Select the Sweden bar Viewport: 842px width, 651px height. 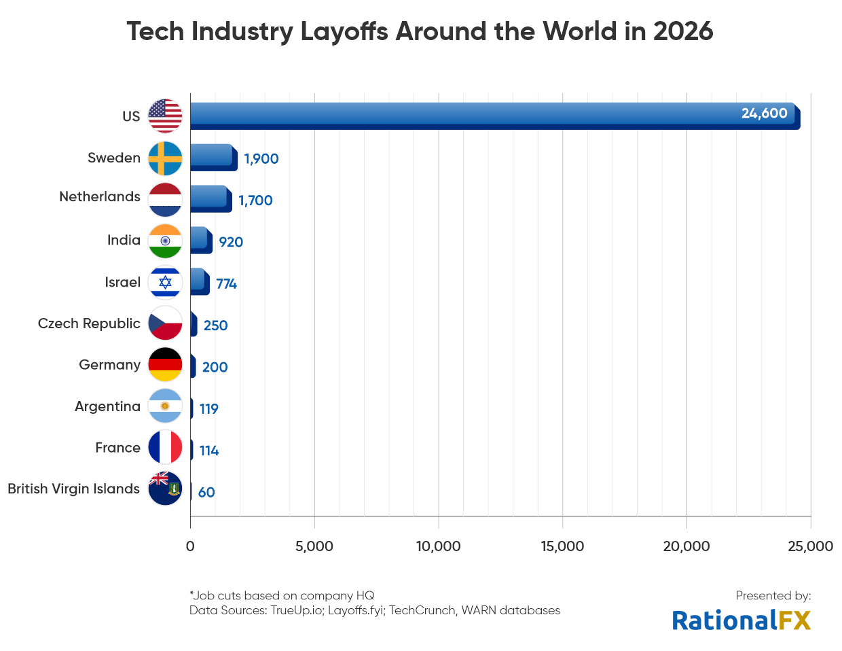[x=213, y=158]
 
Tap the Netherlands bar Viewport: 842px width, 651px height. [x=210, y=199]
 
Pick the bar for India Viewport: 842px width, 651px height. [x=201, y=241]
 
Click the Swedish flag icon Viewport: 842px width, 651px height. [x=165, y=158]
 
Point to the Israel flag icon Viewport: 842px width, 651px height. [x=165, y=283]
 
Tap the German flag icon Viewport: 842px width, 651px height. [x=165, y=365]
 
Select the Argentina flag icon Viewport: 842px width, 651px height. [x=165, y=406]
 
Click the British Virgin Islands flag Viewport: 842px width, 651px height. [x=165, y=489]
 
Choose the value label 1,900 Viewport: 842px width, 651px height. [x=261, y=159]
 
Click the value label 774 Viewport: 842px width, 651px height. [x=226, y=284]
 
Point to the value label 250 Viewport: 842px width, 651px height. [x=215, y=325]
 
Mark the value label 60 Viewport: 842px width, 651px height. [x=206, y=493]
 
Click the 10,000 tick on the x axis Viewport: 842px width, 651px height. [x=438, y=546]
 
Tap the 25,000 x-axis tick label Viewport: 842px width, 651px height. [x=810, y=546]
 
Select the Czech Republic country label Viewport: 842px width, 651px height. [x=89, y=323]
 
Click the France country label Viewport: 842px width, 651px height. [x=117, y=448]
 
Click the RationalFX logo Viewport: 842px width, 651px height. [x=742, y=620]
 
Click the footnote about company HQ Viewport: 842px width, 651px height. [x=282, y=596]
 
